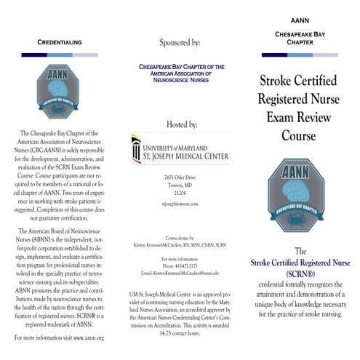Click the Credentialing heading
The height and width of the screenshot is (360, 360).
click(x=60, y=43)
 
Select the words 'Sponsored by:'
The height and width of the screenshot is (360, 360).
click(x=179, y=43)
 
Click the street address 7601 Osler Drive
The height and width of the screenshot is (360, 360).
click(x=180, y=177)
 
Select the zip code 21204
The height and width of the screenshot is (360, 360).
click(x=180, y=193)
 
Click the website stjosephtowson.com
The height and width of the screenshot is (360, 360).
click(x=180, y=204)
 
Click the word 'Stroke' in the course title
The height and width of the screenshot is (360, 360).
click(x=273, y=80)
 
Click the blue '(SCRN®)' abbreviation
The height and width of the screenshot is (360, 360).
click(x=300, y=272)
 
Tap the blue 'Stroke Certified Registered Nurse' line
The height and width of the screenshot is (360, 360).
click(x=300, y=261)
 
